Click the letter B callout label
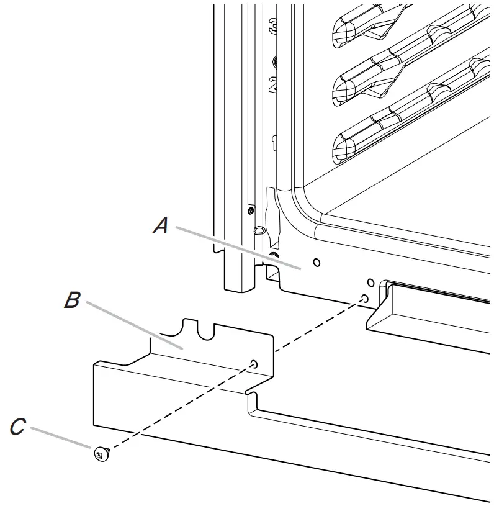pyautogui.click(x=72, y=300)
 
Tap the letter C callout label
pyautogui.click(x=18, y=427)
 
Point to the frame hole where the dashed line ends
pyautogui.click(x=364, y=299)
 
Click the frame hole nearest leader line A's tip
pyautogui.click(x=317, y=263)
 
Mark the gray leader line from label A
pyautogui.click(x=236, y=247)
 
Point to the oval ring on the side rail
pyautogui.click(x=259, y=231)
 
